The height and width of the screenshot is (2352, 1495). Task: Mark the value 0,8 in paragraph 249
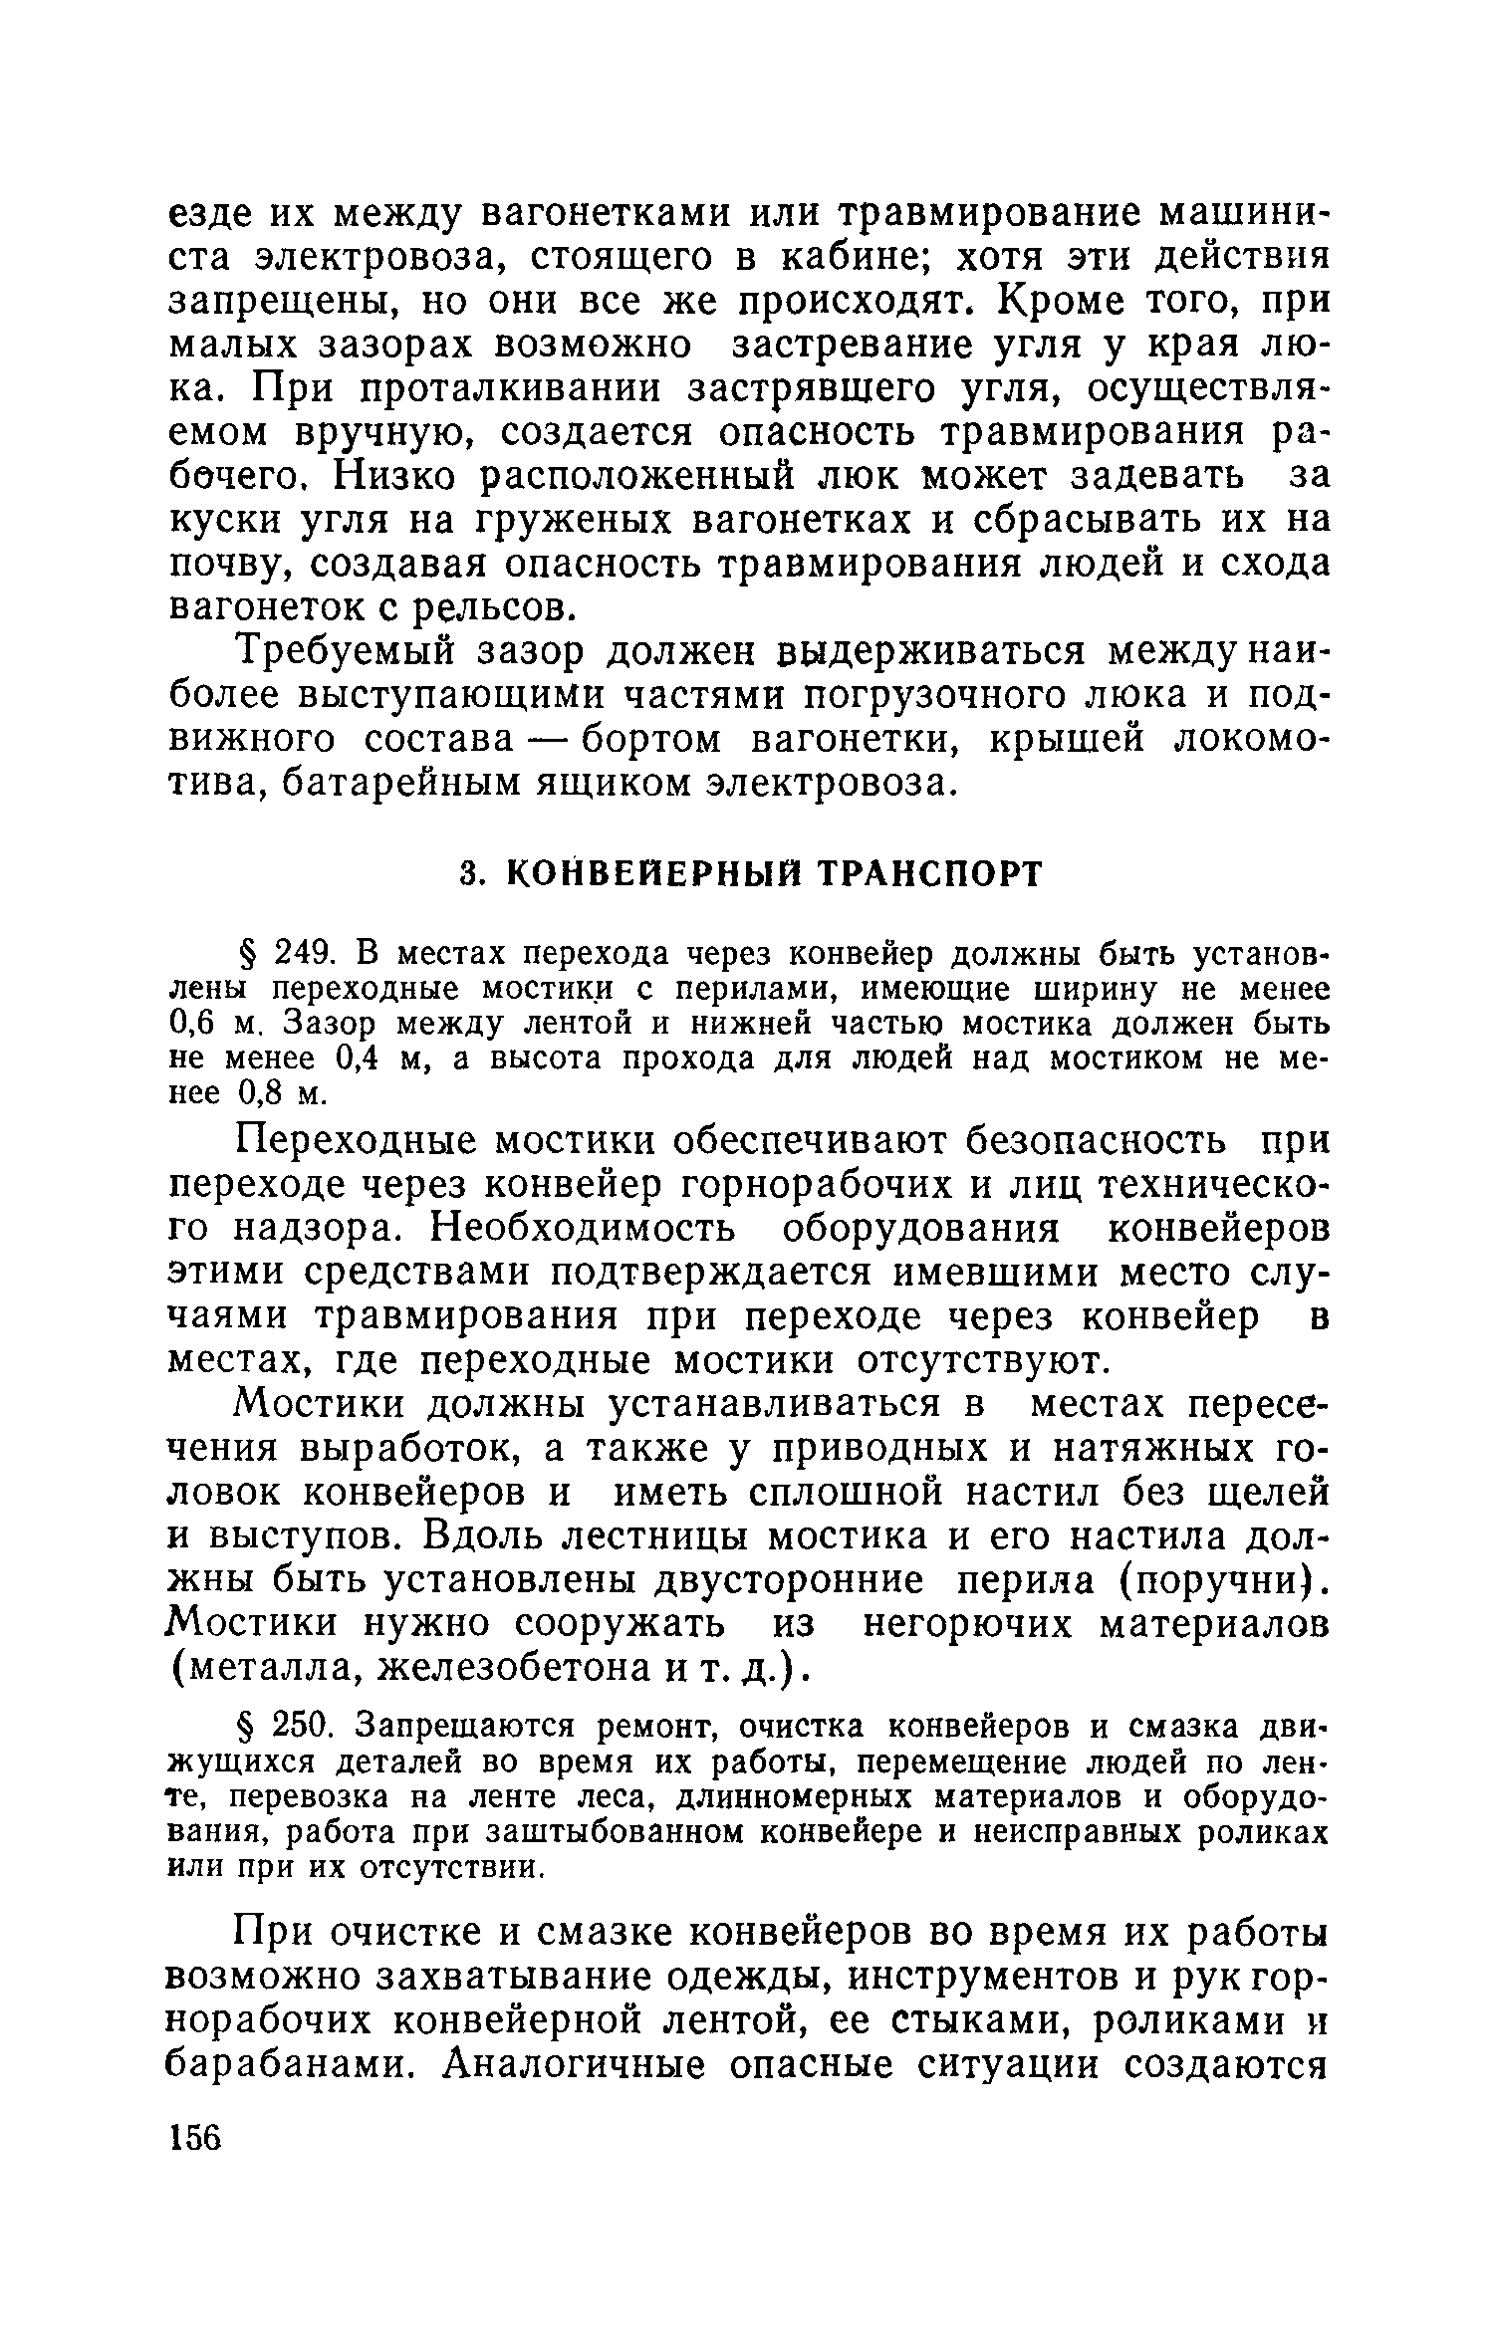pos(263,1093)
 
